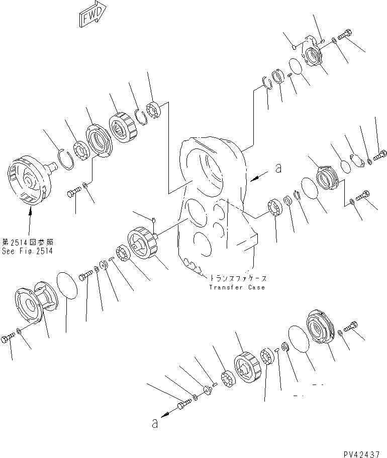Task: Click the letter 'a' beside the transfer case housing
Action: (278, 170)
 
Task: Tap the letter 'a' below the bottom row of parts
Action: (155, 423)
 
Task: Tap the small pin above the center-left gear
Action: (154, 219)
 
